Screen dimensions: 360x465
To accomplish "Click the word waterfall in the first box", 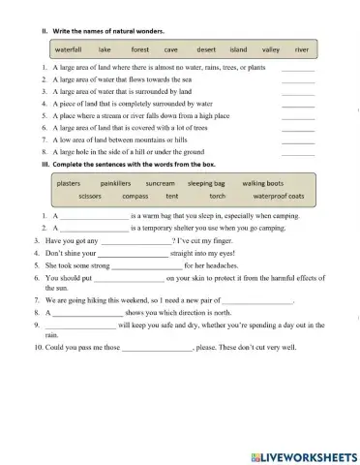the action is [68, 47].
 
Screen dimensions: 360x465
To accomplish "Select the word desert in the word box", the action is [206, 47].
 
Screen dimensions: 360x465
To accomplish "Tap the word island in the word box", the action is [238, 47].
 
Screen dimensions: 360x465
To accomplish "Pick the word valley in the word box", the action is [271, 47].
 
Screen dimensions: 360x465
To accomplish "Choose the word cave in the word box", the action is [171, 47].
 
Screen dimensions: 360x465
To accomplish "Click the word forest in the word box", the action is [140, 47].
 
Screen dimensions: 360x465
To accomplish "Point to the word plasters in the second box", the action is [69, 182].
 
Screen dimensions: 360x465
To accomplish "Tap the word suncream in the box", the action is [161, 182].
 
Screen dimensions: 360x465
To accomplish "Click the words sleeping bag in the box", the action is [206, 182].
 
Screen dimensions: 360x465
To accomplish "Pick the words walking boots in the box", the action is [262, 182].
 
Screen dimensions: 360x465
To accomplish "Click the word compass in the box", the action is [135, 196].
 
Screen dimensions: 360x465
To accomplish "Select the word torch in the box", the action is [218, 196].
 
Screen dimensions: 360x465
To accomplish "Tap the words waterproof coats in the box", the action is [279, 196].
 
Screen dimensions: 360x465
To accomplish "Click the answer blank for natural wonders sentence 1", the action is [298, 70].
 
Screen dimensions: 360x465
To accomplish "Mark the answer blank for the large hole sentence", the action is [298, 153].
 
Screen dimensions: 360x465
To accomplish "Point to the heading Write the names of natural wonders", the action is [107, 30].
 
